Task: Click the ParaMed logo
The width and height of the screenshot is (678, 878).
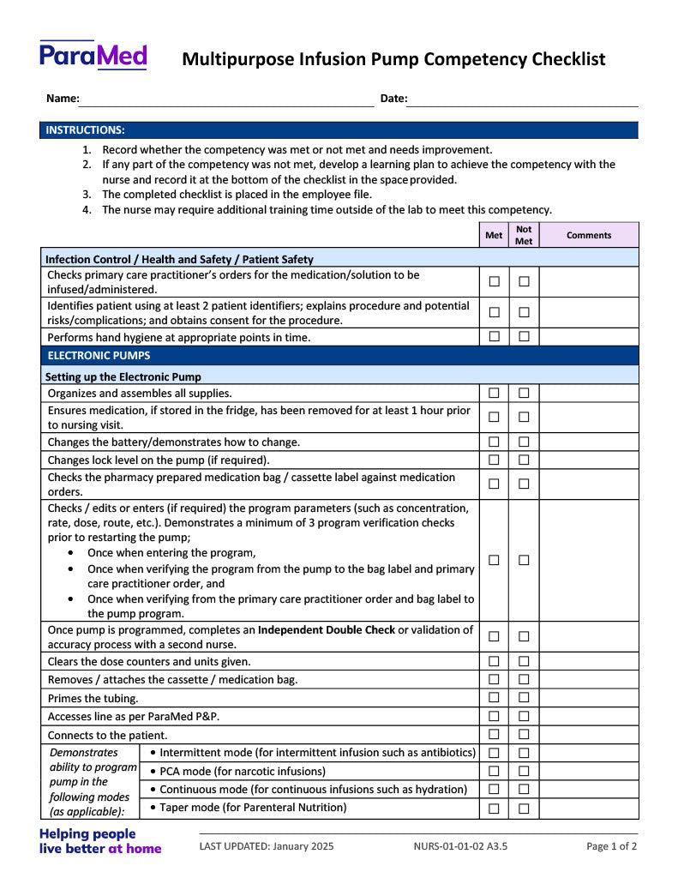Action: click(93, 56)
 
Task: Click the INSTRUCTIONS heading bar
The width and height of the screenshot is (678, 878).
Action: click(339, 130)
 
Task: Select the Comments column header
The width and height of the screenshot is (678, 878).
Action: click(589, 235)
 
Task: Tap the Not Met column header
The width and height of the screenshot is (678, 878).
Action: click(524, 235)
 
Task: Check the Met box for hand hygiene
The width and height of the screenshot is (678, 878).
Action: click(495, 337)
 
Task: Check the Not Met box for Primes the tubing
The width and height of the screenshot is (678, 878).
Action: click(524, 698)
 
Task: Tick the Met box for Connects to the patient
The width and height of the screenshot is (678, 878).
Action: click(495, 735)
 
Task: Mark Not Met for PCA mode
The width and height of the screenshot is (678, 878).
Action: click(524, 772)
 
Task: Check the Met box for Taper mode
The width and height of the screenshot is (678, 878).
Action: click(495, 808)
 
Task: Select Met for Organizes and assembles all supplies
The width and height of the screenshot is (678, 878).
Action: click(495, 393)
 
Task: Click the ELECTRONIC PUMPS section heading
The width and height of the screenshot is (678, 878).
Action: click(99, 356)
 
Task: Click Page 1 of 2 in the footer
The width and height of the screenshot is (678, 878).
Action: click(611, 846)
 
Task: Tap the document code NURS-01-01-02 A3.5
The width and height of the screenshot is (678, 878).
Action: click(460, 846)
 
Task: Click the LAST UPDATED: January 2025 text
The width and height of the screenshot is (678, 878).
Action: click(267, 846)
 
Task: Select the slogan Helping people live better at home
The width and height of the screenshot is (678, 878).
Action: click(100, 841)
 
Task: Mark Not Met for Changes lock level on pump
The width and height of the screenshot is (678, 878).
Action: click(524, 460)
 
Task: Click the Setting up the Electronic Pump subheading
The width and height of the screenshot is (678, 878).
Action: click(123, 376)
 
